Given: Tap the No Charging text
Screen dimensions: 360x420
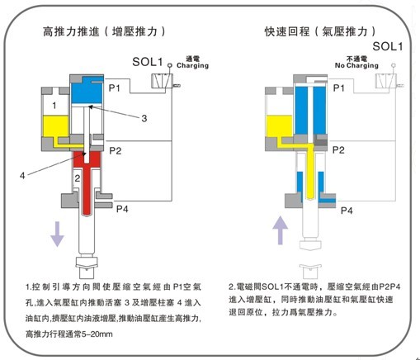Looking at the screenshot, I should click(x=352, y=63).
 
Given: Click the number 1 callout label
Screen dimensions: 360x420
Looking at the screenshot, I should click(x=54, y=107).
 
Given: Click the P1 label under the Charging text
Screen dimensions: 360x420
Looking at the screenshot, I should click(x=116, y=87).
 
